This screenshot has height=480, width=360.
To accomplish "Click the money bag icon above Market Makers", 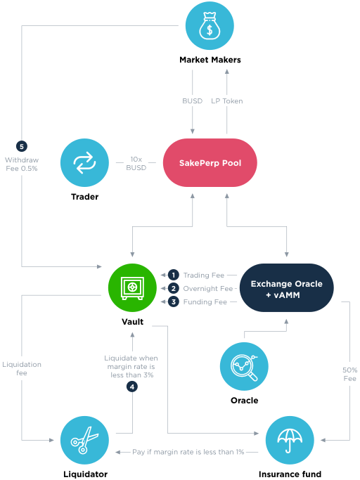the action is pyautogui.click(x=210, y=26).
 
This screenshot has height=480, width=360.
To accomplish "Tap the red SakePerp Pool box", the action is pyautogui.click(x=210, y=162).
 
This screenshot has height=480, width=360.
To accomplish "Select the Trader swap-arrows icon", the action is pyautogui.click(x=84, y=162).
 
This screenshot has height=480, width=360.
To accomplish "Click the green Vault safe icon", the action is pyautogui.click(x=132, y=287).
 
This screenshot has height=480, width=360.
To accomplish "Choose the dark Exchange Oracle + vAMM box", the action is pyautogui.click(x=286, y=287).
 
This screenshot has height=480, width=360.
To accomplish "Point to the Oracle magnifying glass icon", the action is pyautogui.click(x=244, y=366).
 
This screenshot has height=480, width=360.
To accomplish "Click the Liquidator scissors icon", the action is pyautogui.click(x=84, y=440).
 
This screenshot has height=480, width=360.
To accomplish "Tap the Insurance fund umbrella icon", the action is pyautogui.click(x=290, y=440).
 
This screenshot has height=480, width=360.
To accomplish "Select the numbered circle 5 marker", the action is pyautogui.click(x=22, y=146).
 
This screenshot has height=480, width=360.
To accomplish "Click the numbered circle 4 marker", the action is pyautogui.click(x=132, y=387).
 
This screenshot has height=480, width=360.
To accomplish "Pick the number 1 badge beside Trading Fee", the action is pyautogui.click(x=174, y=275).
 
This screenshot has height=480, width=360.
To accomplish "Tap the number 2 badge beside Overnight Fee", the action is pyautogui.click(x=174, y=288).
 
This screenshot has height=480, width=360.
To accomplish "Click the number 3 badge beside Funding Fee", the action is pyautogui.click(x=174, y=301).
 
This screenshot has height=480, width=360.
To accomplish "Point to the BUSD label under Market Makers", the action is pyautogui.click(x=193, y=101).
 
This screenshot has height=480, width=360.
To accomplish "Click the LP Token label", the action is pyautogui.click(x=226, y=101).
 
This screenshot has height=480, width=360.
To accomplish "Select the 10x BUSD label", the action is pyautogui.click(x=136, y=164).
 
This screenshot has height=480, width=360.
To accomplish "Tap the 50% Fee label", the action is pyautogui.click(x=350, y=374).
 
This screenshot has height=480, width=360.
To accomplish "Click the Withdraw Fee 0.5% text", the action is pyautogui.click(x=22, y=164).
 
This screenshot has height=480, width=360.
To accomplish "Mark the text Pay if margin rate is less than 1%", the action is pyautogui.click(x=188, y=452).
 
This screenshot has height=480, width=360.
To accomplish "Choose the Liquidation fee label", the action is pyautogui.click(x=22, y=368).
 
